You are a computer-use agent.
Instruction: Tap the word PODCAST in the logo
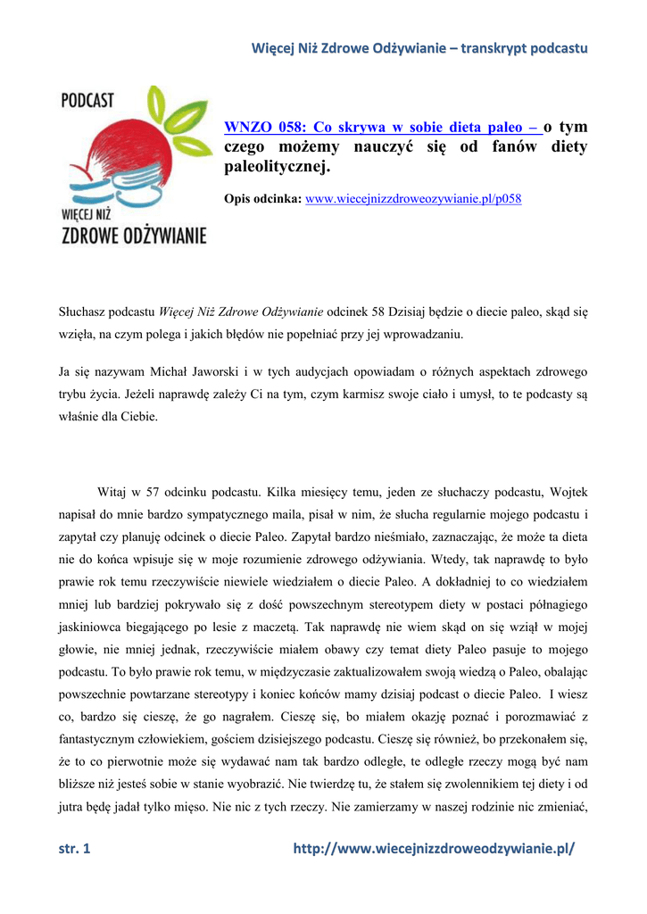tap(87, 101)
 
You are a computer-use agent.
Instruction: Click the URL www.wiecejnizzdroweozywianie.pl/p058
tap(413, 198)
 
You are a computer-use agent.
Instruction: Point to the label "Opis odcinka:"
tap(262, 198)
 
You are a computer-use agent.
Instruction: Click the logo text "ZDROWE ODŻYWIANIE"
tap(134, 236)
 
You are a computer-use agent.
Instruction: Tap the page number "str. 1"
tap(74, 849)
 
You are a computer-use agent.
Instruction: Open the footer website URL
tap(435, 849)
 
